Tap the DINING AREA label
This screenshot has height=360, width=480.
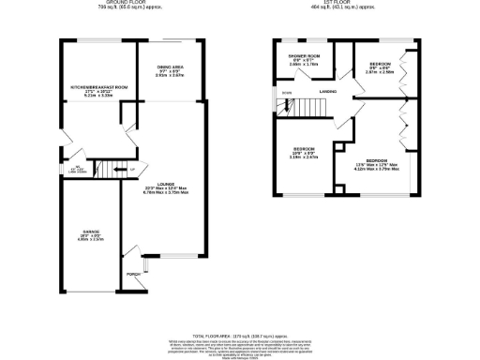coord(170,67)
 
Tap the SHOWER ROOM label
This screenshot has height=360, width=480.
coord(305,56)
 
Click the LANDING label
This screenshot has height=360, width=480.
coord(328,91)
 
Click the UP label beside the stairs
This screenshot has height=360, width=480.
coord(132,170)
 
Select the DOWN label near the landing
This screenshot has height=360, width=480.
coord(286,93)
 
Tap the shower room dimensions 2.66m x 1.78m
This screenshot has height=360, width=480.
coord(305,65)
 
